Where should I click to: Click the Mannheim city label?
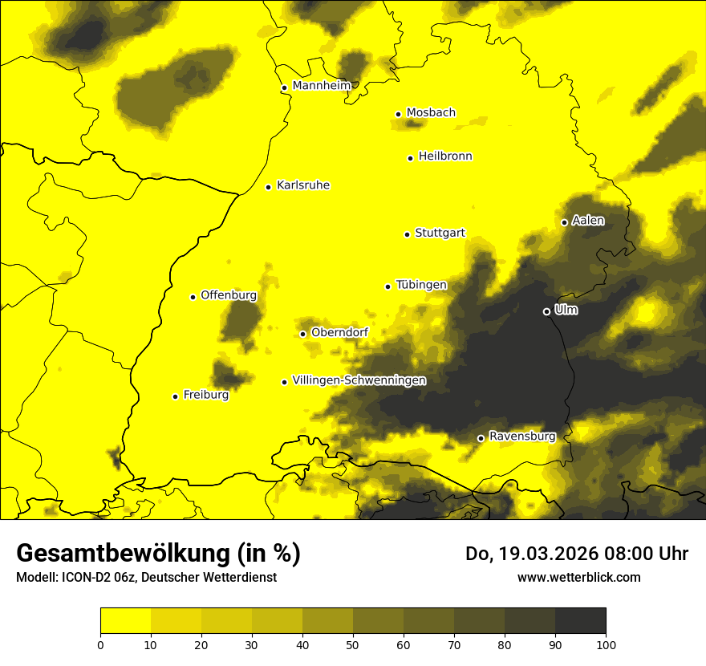[x=322, y=86]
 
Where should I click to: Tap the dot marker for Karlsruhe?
[x=269, y=187]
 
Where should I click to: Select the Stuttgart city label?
[x=440, y=234]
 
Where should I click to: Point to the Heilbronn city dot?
[x=410, y=158]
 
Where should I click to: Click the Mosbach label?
[x=431, y=113]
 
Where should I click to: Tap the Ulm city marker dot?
[x=546, y=311]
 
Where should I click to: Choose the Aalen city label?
[x=588, y=221]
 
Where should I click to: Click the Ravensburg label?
[x=522, y=437]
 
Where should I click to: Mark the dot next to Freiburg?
[x=175, y=396]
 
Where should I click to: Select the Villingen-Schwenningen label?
[x=359, y=380]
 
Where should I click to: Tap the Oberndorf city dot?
[x=302, y=334]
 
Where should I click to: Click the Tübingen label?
[x=421, y=285]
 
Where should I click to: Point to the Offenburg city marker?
[x=193, y=297]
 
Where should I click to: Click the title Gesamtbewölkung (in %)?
[x=158, y=554]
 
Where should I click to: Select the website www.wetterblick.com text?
[x=578, y=577]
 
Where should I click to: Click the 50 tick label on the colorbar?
[x=353, y=644]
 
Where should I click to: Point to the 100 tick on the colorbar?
[x=606, y=644]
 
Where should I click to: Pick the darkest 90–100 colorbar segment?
[x=580, y=621]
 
